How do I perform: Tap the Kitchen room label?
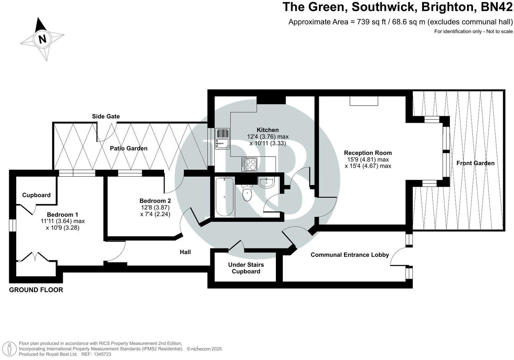point(268,130)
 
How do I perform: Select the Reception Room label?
point(368,153)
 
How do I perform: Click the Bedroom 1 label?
point(63,214)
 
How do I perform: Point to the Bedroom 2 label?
point(155,201)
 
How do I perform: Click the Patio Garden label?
point(129,148)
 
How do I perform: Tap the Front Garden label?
point(475,163)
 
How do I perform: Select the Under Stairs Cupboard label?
point(246,268)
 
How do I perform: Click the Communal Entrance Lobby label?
point(350,255)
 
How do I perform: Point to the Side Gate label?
point(106,116)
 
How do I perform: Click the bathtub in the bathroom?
point(225,197)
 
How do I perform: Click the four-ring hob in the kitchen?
point(249,164)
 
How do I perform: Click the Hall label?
point(185,252)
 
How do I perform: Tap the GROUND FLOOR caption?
point(36,290)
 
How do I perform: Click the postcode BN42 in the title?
point(496,7)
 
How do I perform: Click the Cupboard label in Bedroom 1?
point(36,195)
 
